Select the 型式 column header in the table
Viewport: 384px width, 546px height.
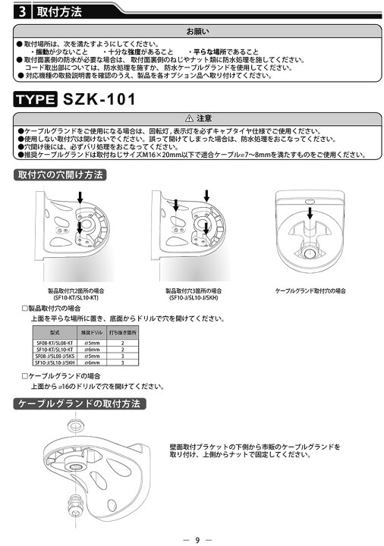pos(53,333)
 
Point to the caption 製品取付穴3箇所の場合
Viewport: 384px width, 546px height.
pos(194,290)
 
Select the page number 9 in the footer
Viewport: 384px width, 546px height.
pos(197,538)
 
